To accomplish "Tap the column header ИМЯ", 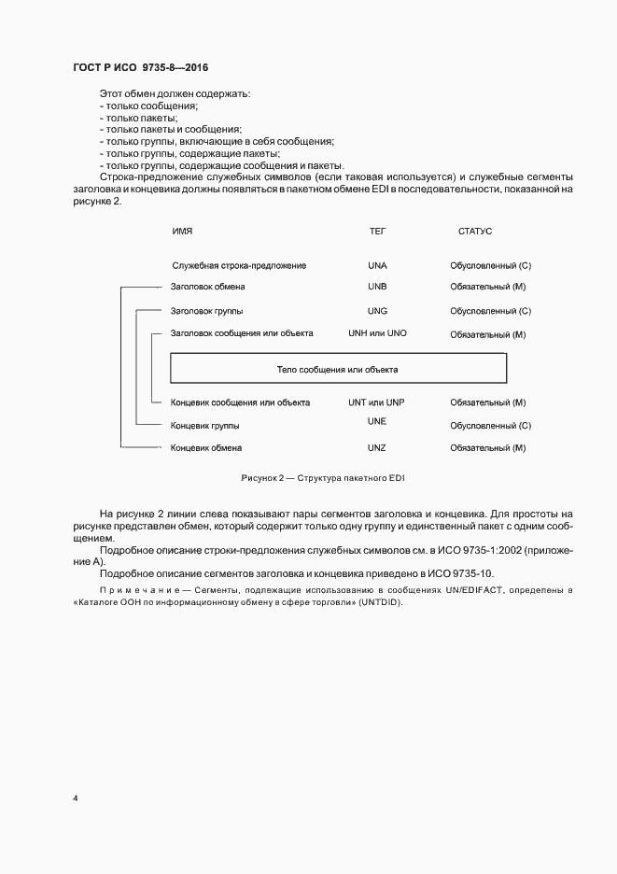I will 182,231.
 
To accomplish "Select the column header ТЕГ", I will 377,231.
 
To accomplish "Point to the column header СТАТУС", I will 475,231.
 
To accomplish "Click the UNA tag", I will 377,265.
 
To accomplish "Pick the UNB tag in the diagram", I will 377,287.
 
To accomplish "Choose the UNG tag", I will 377,310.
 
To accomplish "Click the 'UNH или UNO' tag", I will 377,333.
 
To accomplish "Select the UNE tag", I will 377,422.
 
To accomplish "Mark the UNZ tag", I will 377,447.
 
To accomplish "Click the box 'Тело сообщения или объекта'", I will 338,369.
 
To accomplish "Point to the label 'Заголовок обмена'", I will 208,287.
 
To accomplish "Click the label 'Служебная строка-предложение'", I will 239,265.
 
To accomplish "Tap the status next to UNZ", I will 488,448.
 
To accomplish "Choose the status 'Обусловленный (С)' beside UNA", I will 490,265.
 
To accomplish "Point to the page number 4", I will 75,798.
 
